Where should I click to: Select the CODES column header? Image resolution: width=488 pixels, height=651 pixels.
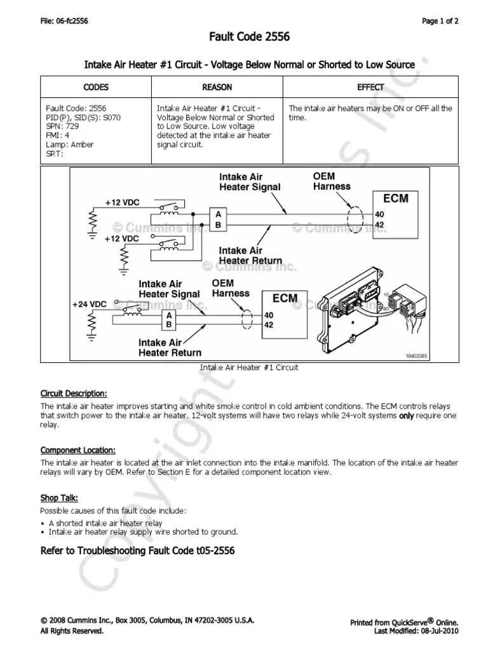pyautogui.click(x=96, y=87)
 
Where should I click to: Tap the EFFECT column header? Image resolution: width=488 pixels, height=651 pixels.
pyautogui.click(x=371, y=87)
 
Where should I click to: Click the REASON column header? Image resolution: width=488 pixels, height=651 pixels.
pyautogui.click(x=217, y=87)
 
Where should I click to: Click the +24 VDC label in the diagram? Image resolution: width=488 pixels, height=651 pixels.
pyautogui.click(x=89, y=305)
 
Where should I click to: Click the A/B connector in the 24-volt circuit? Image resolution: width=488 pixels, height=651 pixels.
pyautogui.click(x=169, y=320)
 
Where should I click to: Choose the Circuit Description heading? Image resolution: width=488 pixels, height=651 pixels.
pyautogui.click(x=74, y=392)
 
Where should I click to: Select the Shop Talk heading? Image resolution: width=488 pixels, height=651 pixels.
pyautogui.click(x=59, y=498)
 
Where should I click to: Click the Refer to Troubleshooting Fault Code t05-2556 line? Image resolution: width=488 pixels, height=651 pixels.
pyautogui.click(x=137, y=551)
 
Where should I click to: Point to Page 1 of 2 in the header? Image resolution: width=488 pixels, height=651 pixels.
pyautogui.click(x=440, y=20)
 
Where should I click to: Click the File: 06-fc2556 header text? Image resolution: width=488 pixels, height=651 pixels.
pyautogui.click(x=64, y=20)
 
